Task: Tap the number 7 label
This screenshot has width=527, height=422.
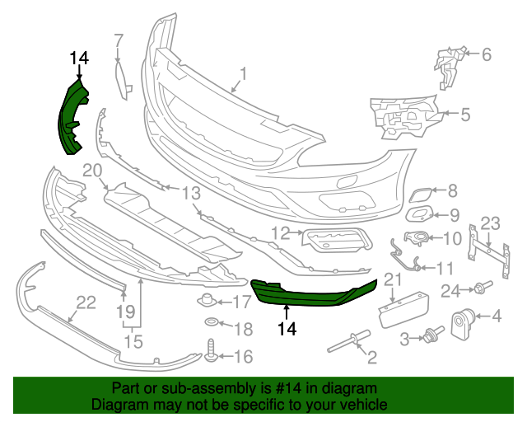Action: click(119, 40)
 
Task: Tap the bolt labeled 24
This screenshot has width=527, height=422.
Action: click(478, 288)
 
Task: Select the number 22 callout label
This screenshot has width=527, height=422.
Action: click(86, 302)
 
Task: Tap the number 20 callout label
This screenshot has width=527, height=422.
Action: click(91, 171)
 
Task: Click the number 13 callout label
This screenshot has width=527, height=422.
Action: click(191, 194)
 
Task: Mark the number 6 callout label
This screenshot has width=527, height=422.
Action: click(486, 55)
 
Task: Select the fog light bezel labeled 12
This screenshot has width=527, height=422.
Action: click(338, 240)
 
